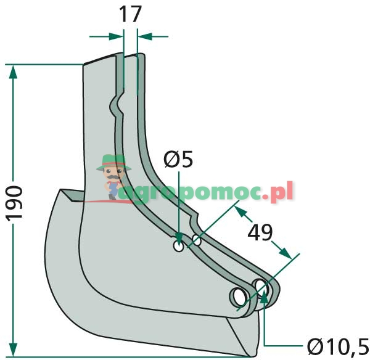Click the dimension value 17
pyautogui.click(x=131, y=14)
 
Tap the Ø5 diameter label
pyautogui.click(x=178, y=159)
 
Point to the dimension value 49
pyautogui.click(x=260, y=232)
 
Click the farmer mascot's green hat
pyautogui.click(x=113, y=162)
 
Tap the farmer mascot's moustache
pyautogui.click(x=113, y=177)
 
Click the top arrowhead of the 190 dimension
pyautogui.click(x=13, y=72)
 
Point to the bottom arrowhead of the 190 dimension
pyautogui.click(x=13, y=350)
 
